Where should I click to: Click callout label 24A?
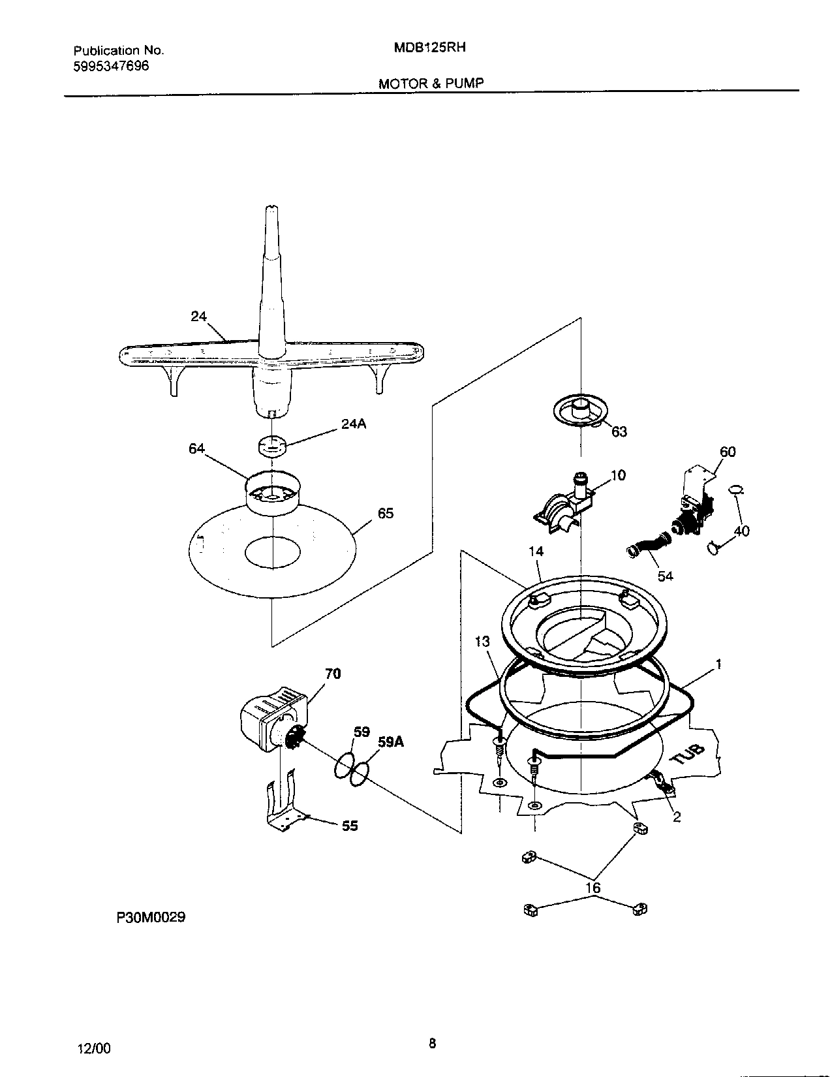[x=354, y=424]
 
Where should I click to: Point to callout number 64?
[x=197, y=448]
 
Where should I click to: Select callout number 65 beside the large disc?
[x=386, y=513]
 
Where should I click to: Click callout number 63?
[x=619, y=431]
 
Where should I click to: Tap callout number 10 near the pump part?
[x=618, y=475]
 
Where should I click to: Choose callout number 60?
[x=728, y=452]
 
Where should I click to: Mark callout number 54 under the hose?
[x=666, y=576]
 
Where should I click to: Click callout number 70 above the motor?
[x=333, y=674]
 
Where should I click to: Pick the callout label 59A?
[x=391, y=742]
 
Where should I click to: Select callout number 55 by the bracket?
[x=350, y=826]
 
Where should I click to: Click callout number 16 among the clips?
[x=592, y=888]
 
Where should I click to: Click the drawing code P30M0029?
[x=151, y=917]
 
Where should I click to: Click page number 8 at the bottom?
[x=431, y=1043]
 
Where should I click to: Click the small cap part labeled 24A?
[x=270, y=445]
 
